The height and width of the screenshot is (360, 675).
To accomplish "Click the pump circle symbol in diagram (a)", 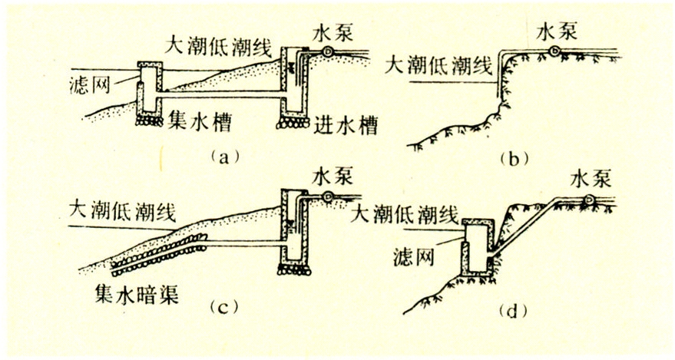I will [x=328, y=52].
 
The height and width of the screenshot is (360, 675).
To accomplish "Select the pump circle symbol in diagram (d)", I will [x=589, y=200].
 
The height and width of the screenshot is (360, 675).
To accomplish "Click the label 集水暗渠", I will [x=141, y=293].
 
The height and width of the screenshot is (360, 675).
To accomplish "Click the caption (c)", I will [x=224, y=309].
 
